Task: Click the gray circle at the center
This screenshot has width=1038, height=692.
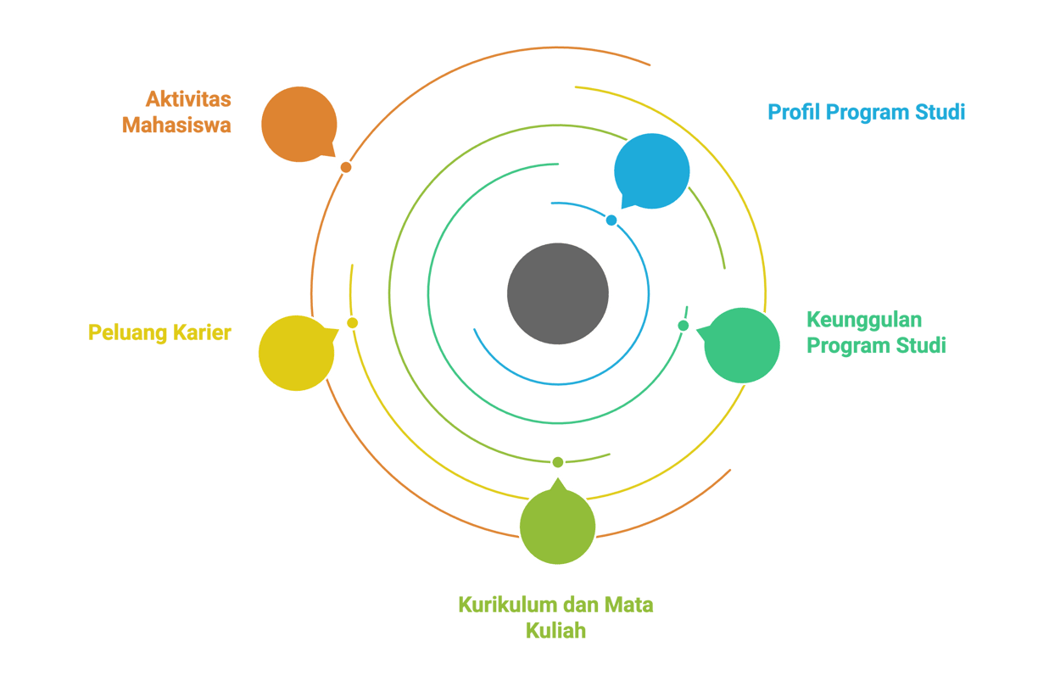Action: click(557, 294)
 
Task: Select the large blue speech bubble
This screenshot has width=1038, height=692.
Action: click(651, 171)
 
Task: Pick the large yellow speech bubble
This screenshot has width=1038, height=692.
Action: click(297, 353)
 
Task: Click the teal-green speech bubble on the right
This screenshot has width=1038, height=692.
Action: click(741, 345)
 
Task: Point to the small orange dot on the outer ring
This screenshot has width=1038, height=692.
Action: click(346, 167)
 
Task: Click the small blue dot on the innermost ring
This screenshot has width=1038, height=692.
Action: click(611, 220)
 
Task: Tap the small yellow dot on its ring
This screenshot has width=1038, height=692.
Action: click(352, 323)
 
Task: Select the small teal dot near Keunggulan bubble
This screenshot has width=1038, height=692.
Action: click(683, 326)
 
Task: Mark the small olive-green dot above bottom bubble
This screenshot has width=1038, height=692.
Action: click(558, 462)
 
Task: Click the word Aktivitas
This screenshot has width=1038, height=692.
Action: click(188, 99)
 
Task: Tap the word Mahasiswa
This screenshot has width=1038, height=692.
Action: click(176, 126)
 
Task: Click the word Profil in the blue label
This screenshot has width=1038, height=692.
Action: click(795, 112)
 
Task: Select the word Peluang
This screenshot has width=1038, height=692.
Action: click(127, 333)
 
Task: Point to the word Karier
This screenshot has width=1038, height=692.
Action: click(202, 332)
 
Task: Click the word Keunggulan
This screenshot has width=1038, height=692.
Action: click(864, 321)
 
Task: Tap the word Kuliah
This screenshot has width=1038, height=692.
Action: click(555, 631)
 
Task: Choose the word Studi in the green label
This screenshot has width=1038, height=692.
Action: click(921, 345)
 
